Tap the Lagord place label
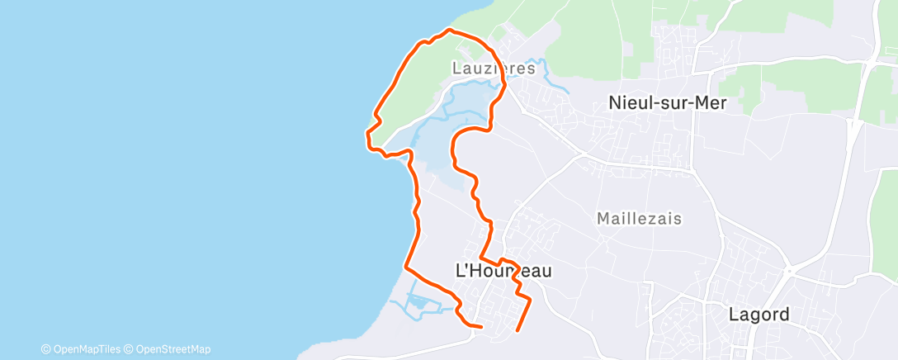(x=759, y=315)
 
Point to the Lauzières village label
(x=494, y=69)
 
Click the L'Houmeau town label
(x=503, y=270)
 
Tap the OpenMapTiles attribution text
(x=85, y=349)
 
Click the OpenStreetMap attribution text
(x=172, y=349)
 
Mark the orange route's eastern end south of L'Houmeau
(x=518, y=330)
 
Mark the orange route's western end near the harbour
(x=480, y=326)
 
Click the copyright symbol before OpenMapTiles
(x=45, y=349)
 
